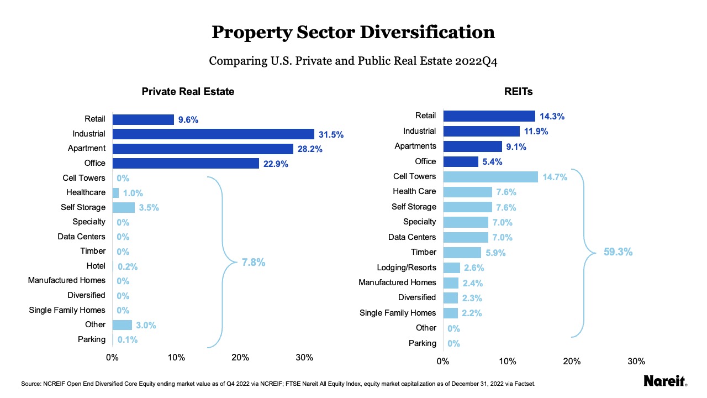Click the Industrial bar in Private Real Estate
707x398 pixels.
tap(213, 134)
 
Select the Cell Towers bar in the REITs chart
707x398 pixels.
tap(490, 176)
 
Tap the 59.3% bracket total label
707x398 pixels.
tap(618, 252)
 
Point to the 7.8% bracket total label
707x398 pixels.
tap(254, 263)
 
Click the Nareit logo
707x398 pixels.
tap(665, 381)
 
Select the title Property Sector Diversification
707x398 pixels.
tap(353, 32)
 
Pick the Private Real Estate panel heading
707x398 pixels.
tap(188, 91)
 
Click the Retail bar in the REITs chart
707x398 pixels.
tap(489, 116)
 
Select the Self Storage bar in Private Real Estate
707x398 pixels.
tap(123, 207)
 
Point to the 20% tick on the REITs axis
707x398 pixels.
tap(572, 362)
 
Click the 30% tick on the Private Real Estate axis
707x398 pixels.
tap(304, 358)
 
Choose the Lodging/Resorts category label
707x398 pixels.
tap(407, 268)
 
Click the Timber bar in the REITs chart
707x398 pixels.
tap(462, 252)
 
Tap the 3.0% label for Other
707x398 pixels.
tap(146, 325)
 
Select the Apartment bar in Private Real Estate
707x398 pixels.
tap(203, 149)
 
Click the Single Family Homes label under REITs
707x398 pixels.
tap(398, 313)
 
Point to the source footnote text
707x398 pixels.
tap(278, 383)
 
